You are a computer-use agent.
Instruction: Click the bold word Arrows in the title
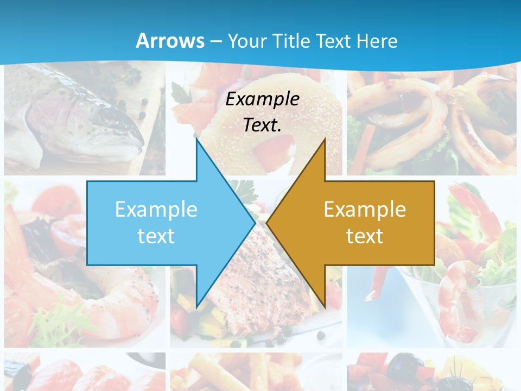point(170,41)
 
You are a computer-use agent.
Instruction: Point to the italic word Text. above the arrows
point(263,125)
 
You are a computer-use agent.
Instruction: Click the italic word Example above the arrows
point(263,99)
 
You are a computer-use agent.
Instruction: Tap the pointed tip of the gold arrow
point(268,223)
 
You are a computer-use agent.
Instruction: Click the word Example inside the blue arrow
point(156,210)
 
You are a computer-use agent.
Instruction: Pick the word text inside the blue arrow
point(156,236)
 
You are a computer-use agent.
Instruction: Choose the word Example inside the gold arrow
point(365,210)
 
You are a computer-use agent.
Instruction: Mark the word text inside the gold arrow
point(365,236)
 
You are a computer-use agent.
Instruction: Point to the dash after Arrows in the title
point(215,41)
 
